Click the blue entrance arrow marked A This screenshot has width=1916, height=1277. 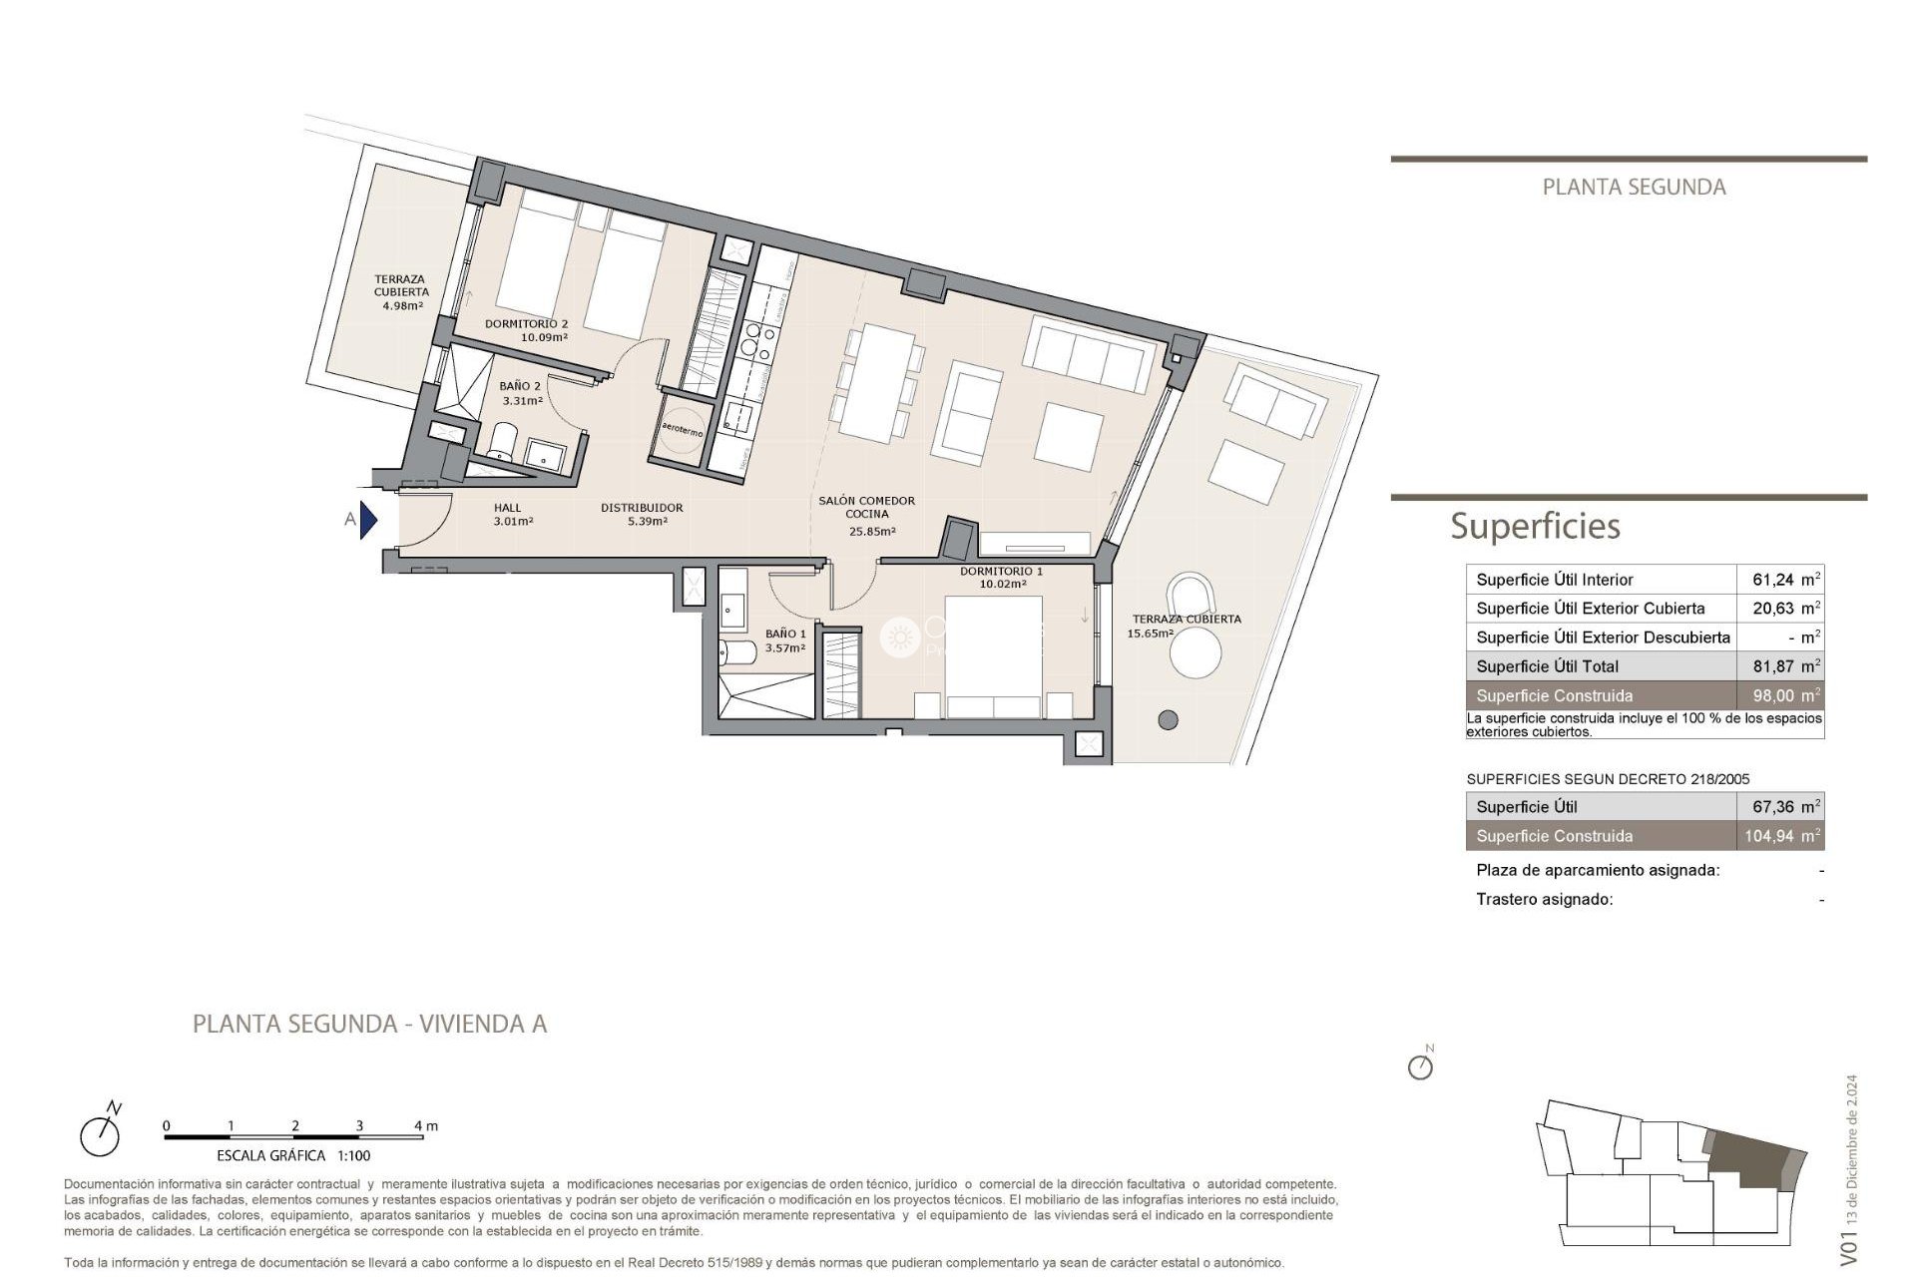368,520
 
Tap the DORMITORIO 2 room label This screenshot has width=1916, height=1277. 526,324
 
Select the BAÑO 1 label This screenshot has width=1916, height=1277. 785,634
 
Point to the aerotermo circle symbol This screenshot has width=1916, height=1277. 683,431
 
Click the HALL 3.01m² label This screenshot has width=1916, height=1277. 508,508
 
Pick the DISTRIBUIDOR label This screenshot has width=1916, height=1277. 642,508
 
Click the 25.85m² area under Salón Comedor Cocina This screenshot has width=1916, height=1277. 871,532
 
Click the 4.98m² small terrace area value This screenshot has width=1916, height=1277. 402,306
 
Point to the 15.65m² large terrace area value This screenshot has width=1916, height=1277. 1150,634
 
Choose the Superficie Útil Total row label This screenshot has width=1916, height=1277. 1547,666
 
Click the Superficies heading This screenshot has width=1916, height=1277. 1535,526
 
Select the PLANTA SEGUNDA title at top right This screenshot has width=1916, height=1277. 1634,187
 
